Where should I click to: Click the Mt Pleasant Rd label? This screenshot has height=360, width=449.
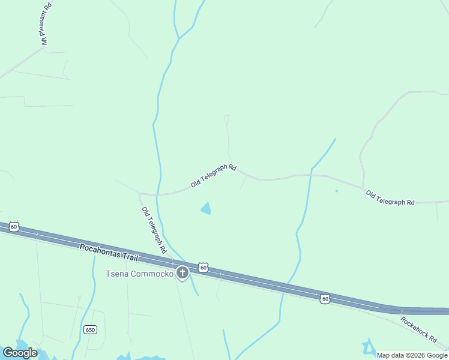(x=46, y=23)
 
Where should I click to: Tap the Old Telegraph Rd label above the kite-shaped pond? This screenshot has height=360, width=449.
(x=213, y=176)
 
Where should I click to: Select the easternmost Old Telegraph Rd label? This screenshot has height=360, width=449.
(x=390, y=199)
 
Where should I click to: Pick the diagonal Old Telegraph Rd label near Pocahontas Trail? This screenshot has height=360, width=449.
(x=154, y=230)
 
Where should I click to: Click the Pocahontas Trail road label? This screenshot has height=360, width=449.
(x=109, y=252)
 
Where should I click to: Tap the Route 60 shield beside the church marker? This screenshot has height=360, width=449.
(x=203, y=267)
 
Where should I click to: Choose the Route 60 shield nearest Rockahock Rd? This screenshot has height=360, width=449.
(x=324, y=298)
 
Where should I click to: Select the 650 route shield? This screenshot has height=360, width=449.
(x=90, y=329)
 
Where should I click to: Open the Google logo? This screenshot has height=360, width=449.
(x=20, y=352)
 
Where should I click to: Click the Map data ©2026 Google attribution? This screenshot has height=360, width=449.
(x=412, y=355)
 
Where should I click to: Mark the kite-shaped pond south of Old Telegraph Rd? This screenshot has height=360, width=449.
(x=206, y=209)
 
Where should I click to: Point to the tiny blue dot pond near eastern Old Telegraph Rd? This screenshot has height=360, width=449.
(x=336, y=191)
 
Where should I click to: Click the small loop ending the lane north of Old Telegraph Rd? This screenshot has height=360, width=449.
(x=226, y=118)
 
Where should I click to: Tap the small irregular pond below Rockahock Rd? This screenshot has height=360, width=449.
(x=368, y=346)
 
